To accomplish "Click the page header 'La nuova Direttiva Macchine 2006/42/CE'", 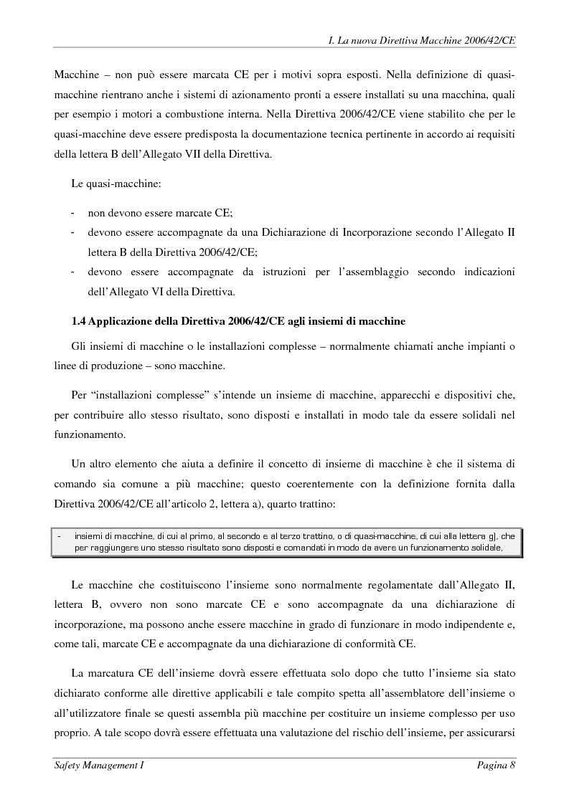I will coord(423,41).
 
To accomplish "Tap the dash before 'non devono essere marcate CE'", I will coord(72,214).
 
